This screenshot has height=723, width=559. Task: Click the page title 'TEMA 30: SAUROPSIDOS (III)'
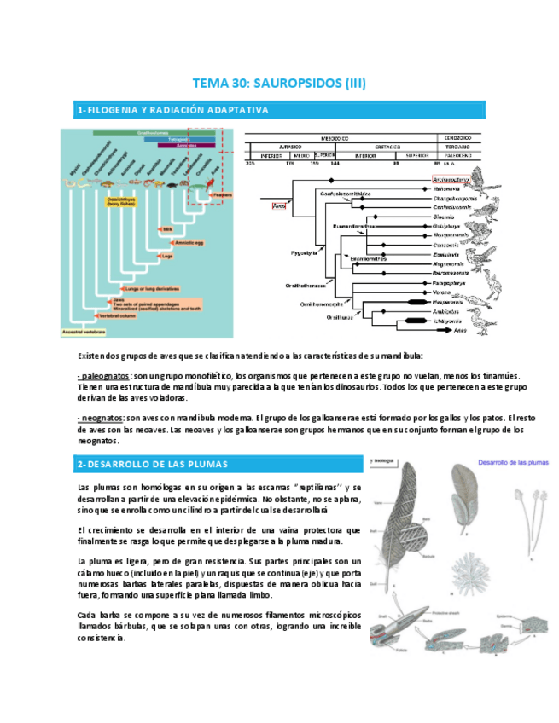[x=280, y=83]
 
